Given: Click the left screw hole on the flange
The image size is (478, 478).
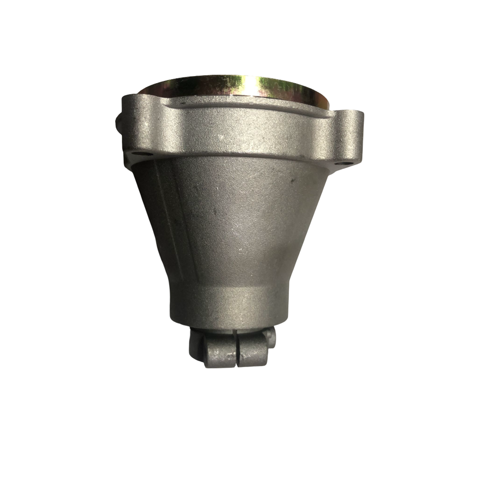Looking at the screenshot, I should click(x=137, y=155).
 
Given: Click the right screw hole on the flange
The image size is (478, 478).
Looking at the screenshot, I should click(x=340, y=163).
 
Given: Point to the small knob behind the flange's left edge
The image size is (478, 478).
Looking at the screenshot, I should click(x=118, y=121).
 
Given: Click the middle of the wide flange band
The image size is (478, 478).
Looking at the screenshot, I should click(x=239, y=131).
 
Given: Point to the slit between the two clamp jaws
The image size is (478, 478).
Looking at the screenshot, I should click(x=236, y=351).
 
